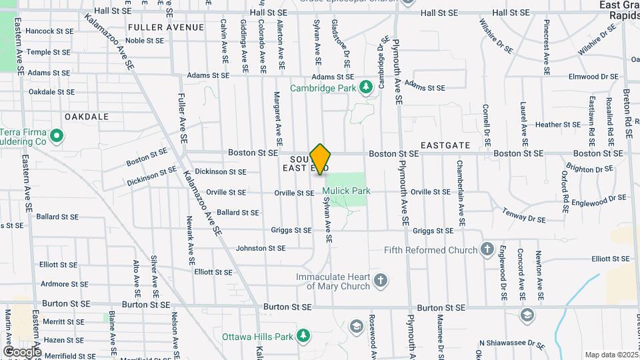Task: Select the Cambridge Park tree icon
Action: [365, 87]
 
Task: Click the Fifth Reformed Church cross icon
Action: [487, 250]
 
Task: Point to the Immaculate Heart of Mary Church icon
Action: [381, 280]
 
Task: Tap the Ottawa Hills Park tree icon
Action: [303, 334]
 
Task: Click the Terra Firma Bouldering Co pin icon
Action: [57, 137]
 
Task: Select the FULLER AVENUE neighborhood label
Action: [165, 27]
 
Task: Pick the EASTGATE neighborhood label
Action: [445, 145]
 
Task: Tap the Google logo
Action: [22, 351]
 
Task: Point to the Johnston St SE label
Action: [261, 248]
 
